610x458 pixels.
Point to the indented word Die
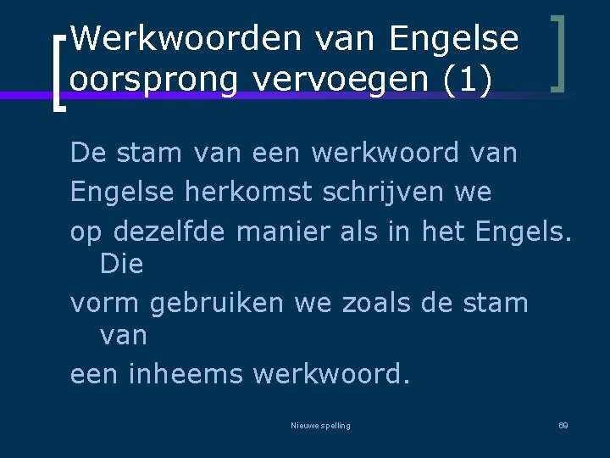pos(121,265)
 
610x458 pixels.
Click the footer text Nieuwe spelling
pos(320,425)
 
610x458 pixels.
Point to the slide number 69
pos(563,425)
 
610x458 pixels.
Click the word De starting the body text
pos(87,154)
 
